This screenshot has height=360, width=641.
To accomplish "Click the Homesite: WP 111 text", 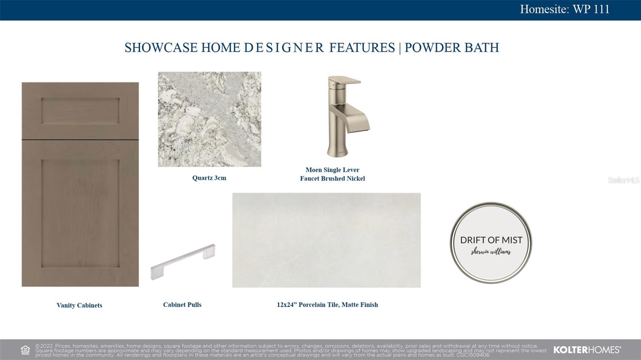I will (x=564, y=9).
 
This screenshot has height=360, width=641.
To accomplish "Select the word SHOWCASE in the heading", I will (x=161, y=48).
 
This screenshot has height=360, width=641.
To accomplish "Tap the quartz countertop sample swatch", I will (x=210, y=119).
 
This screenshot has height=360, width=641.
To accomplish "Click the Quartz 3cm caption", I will (x=209, y=178).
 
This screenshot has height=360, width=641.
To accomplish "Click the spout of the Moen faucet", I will (x=359, y=119).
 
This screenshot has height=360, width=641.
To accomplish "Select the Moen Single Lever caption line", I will (x=333, y=170).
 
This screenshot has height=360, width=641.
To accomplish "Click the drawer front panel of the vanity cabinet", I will (x=80, y=111).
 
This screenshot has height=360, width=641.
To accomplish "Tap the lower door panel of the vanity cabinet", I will (x=80, y=213).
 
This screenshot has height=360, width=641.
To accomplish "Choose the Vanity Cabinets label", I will (x=79, y=305).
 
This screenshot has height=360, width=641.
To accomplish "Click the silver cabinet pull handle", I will (x=183, y=261).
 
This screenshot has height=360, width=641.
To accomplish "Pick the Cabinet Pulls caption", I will (x=182, y=305).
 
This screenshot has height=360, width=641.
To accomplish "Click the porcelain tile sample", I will (x=327, y=240).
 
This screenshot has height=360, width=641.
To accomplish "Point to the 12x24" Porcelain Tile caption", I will (x=327, y=305).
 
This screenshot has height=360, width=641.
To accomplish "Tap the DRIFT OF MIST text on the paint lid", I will (x=491, y=240).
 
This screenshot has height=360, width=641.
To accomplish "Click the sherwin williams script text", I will (x=491, y=252).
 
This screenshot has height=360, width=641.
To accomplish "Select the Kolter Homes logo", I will (x=587, y=350).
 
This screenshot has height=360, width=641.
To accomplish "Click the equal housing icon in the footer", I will (x=25, y=350).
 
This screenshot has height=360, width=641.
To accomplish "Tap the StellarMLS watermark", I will (x=623, y=180).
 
